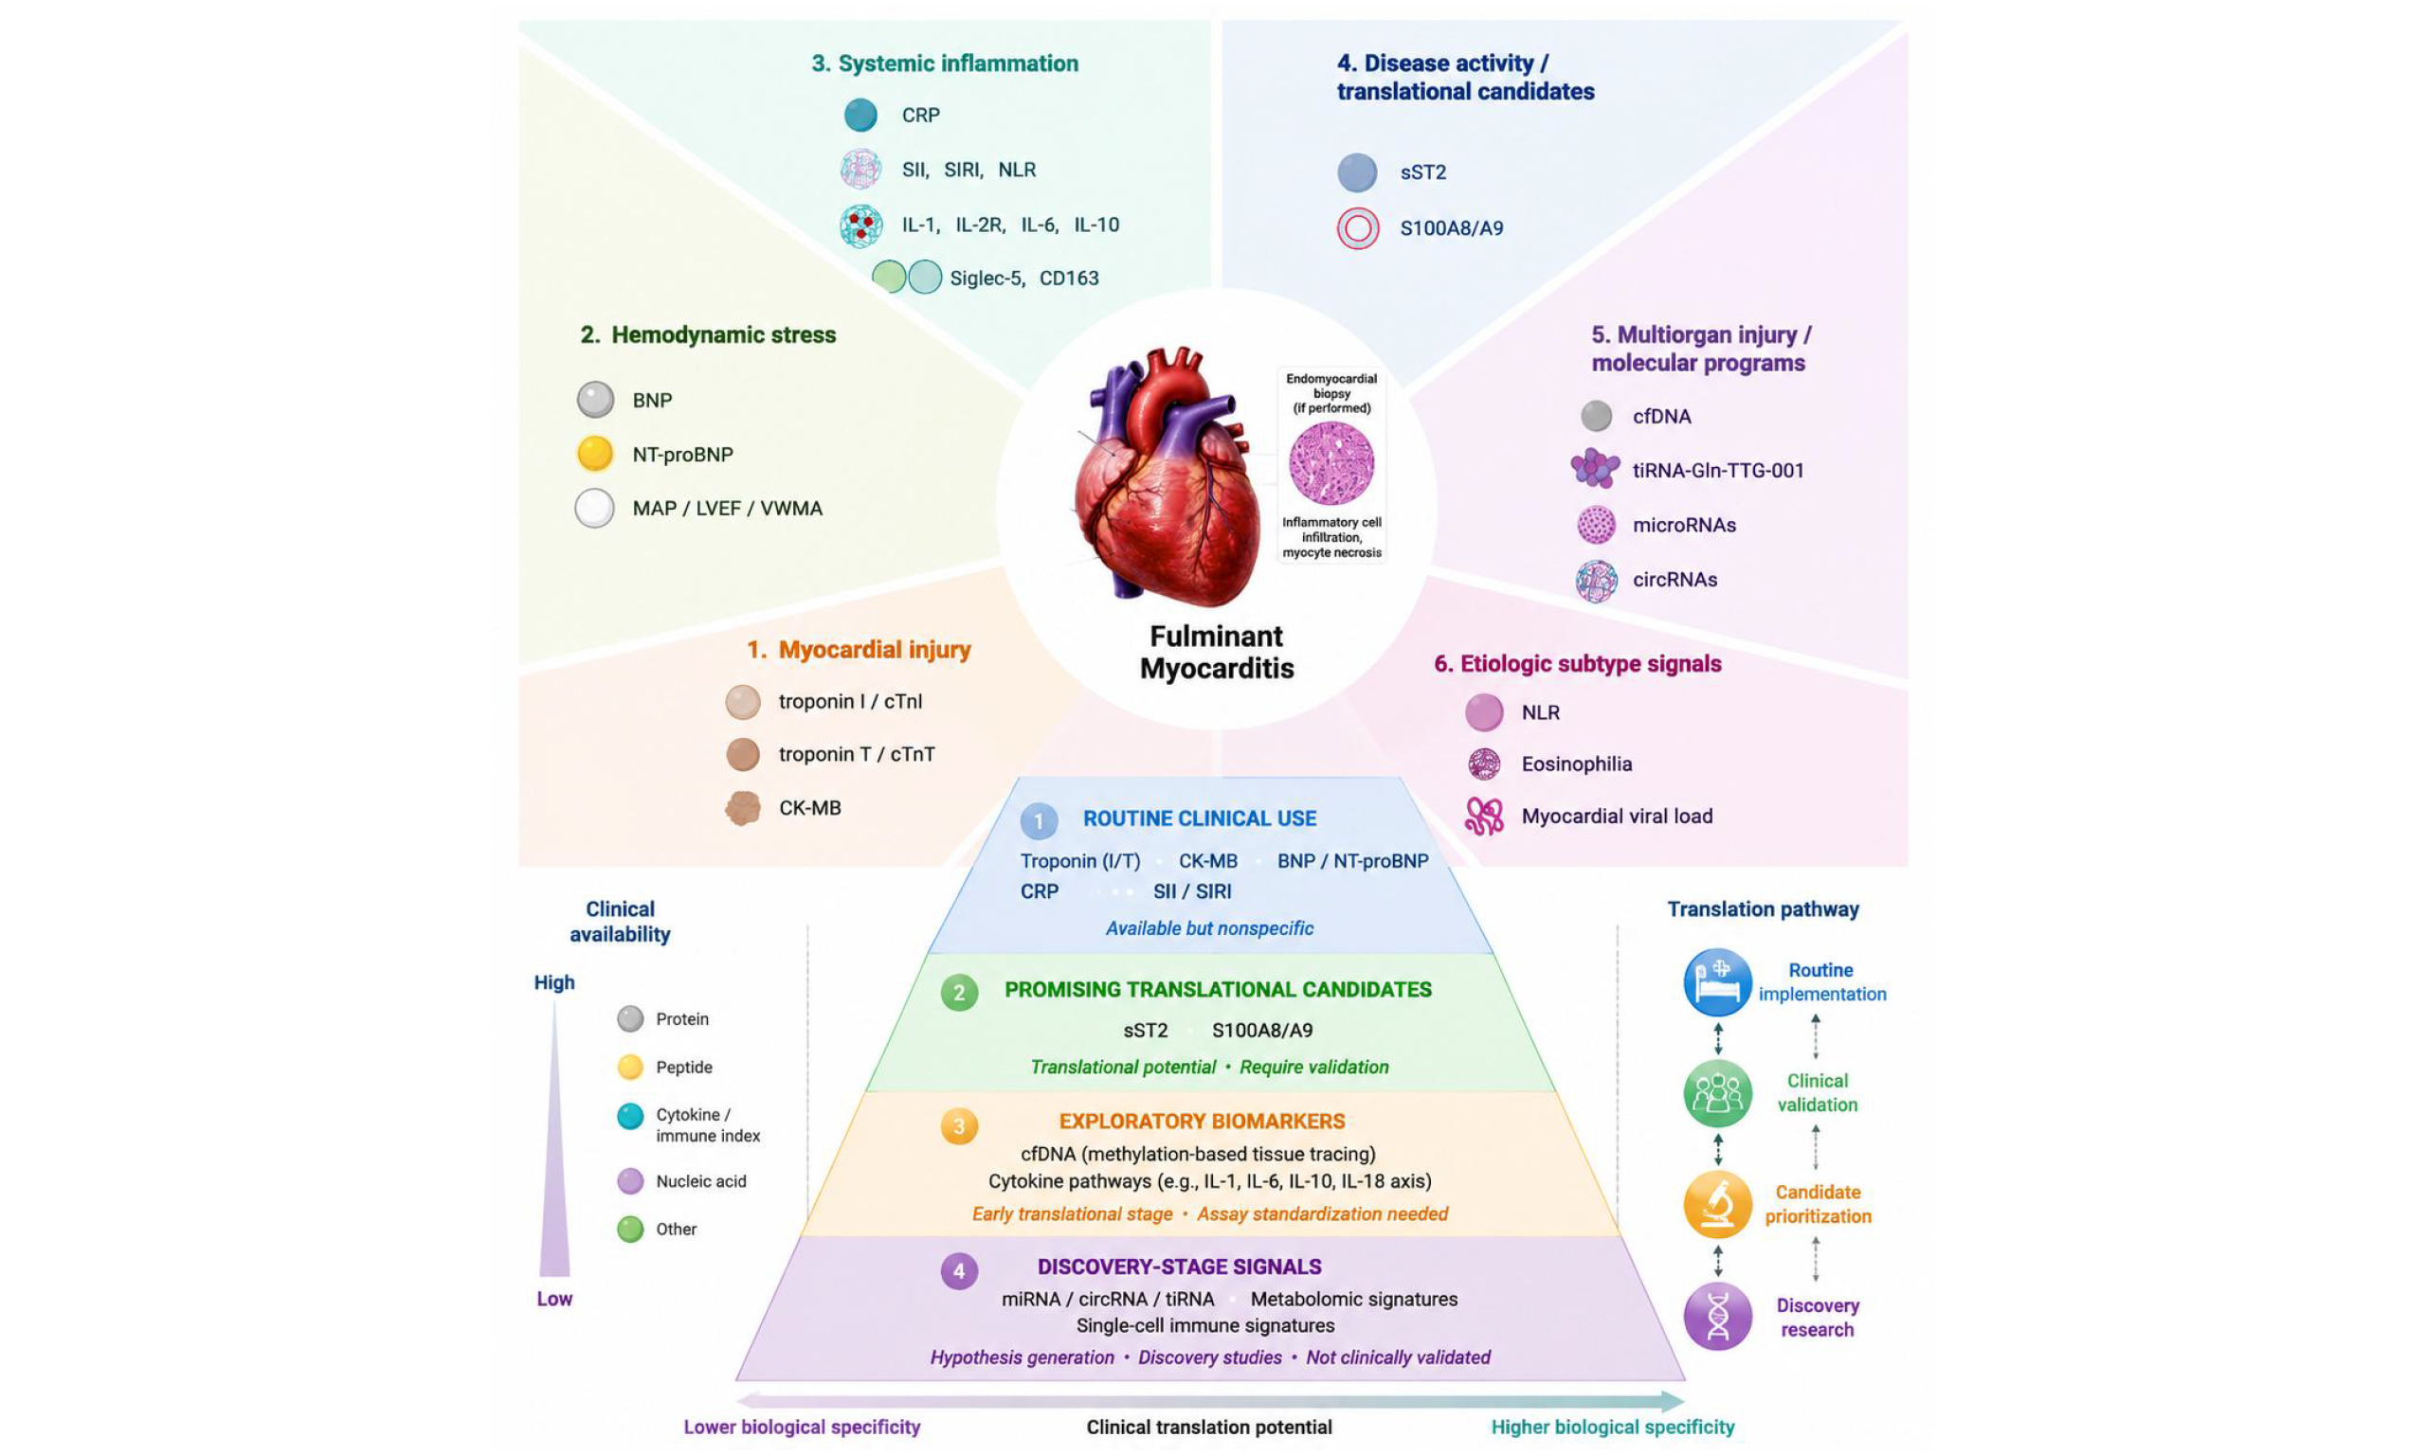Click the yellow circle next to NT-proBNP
pos(595,454)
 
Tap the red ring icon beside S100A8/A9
pos(1358,228)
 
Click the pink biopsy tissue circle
pos(1331,463)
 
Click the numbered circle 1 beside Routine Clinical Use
pos(1040,820)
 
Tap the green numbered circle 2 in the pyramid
pos(959,992)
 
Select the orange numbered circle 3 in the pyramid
pos(959,1125)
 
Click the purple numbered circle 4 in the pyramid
pos(959,1271)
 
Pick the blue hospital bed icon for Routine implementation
pos(1718,982)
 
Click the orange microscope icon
pos(1718,1205)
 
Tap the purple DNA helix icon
pos(1718,1317)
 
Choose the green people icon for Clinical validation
pos(1718,1093)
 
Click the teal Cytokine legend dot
pos(630,1116)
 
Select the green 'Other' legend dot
pos(630,1230)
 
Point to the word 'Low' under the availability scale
pos(554,1299)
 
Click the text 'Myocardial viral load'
pos(1617,817)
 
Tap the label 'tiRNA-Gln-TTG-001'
pos(1718,471)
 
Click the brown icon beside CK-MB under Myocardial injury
pos(742,809)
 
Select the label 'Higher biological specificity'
pos(1613,1428)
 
